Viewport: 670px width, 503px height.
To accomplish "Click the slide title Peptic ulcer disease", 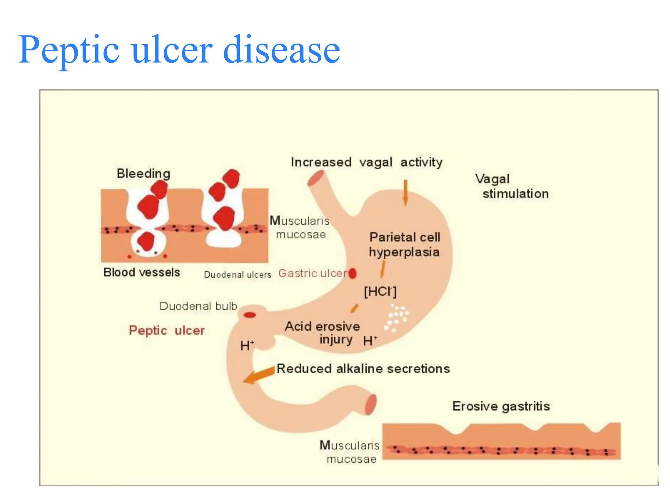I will [x=179, y=50].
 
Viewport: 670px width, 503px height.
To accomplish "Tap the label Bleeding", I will [x=143, y=173].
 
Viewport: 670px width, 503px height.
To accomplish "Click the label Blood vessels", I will [x=141, y=272].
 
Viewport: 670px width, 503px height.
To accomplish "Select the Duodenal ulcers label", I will [x=238, y=274].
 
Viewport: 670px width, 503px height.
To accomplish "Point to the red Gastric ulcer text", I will [x=312, y=273].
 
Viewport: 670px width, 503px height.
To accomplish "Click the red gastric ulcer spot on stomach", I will [x=352, y=273].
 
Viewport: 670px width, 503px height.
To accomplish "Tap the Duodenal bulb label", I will [x=198, y=306].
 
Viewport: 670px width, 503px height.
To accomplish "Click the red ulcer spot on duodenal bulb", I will [x=250, y=315].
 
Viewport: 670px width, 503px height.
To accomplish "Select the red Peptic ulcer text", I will [x=167, y=330].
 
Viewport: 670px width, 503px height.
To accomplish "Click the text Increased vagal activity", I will [x=366, y=162].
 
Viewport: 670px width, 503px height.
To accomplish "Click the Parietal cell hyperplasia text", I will [x=405, y=245].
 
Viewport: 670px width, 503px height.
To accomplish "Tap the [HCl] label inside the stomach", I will [x=380, y=291].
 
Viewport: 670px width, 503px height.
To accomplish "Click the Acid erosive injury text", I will [x=322, y=332].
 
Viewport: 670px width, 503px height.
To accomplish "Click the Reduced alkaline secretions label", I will [x=363, y=369].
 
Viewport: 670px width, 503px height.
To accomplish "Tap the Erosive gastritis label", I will [x=501, y=406].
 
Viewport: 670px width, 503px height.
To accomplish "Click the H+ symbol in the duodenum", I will [x=247, y=345].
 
